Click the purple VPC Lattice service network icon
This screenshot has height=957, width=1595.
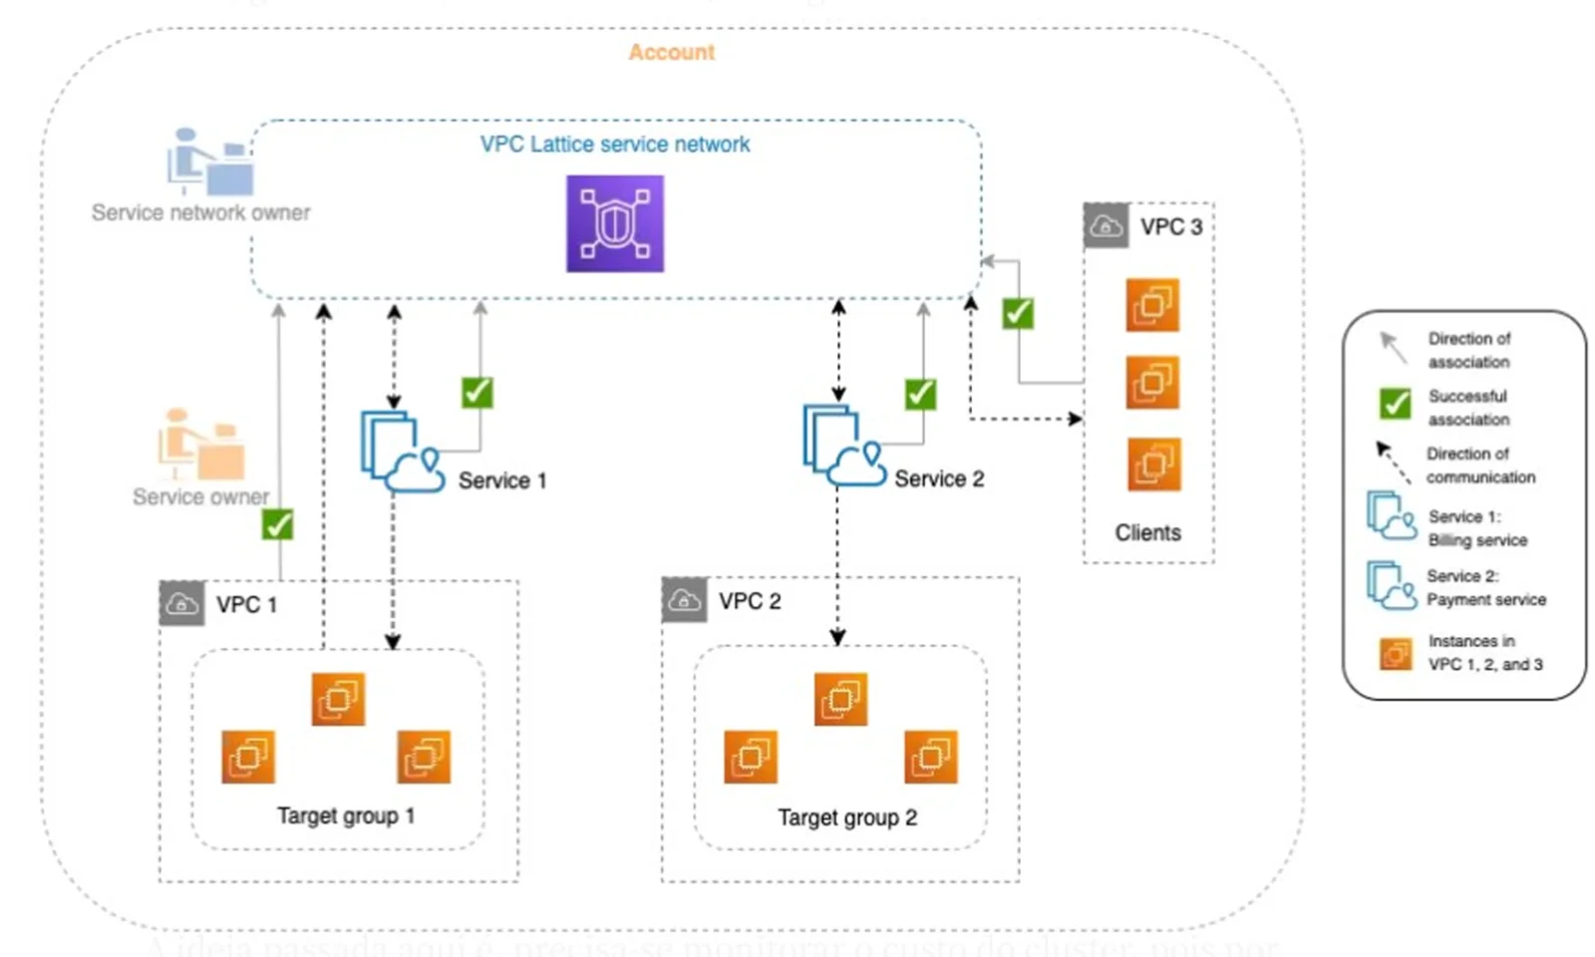click(x=615, y=224)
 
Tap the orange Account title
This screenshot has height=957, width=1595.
click(x=671, y=53)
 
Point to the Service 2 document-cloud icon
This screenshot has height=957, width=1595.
click(x=843, y=446)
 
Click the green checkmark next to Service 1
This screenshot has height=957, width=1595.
click(x=478, y=392)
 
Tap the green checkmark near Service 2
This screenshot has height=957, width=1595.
click(x=920, y=394)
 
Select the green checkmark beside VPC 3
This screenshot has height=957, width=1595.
click(x=1018, y=313)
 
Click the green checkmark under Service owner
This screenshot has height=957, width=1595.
click(x=277, y=524)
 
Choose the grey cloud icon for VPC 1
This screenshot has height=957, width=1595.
click(x=181, y=603)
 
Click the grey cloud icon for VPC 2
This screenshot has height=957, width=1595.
click(x=684, y=600)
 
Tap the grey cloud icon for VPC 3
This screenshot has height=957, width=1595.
click(x=1106, y=226)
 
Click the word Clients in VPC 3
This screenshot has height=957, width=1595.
click(x=1147, y=533)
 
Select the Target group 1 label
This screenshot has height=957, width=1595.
click(x=345, y=816)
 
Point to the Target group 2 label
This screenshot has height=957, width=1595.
click(x=847, y=818)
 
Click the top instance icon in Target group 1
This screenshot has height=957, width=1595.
click(x=338, y=699)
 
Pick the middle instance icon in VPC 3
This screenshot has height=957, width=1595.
click(x=1153, y=383)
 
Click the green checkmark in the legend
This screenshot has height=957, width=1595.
click(x=1395, y=404)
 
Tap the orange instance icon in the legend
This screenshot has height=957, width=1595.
click(x=1396, y=654)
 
